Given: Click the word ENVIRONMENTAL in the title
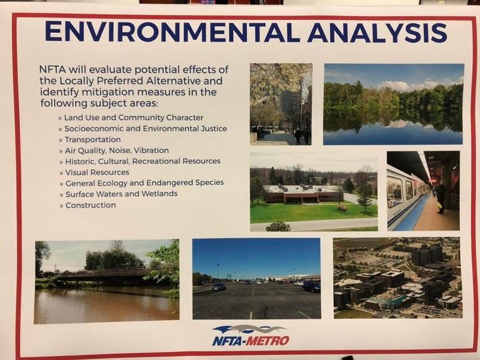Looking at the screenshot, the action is (172, 32).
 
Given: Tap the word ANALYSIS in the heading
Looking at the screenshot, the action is (377, 32).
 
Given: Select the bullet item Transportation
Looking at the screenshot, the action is (92, 139).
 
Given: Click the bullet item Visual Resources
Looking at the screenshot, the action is (97, 172).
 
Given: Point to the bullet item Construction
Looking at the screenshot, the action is (90, 205).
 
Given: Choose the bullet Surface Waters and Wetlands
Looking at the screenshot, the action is (121, 194).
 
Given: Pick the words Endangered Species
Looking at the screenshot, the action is (185, 183).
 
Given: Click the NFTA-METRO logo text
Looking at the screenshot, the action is (251, 341).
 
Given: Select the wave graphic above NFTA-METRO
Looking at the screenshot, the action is (250, 330).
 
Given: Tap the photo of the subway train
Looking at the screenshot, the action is (423, 191).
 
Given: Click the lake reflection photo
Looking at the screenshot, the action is (393, 104).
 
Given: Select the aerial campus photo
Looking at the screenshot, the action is (397, 278).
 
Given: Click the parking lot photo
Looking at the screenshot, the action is (256, 278).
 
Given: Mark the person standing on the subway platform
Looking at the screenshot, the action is (440, 198).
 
